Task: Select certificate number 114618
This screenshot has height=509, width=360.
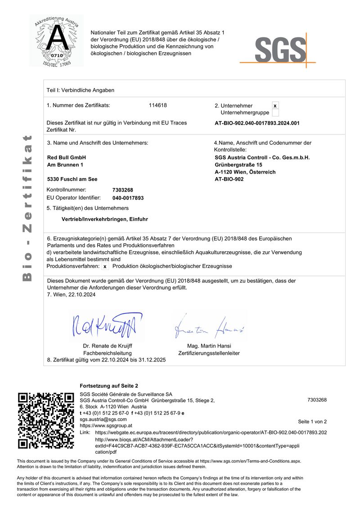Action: (x=157, y=106)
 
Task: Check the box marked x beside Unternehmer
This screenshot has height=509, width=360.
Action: (x=275, y=106)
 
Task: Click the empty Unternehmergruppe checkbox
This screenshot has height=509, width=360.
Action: (x=275, y=113)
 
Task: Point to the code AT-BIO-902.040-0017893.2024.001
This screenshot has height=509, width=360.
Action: (x=257, y=123)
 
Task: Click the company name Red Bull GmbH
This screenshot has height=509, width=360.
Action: (x=66, y=157)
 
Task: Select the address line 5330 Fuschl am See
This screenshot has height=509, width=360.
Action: (x=72, y=179)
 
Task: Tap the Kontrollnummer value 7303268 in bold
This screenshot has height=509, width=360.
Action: (x=122, y=190)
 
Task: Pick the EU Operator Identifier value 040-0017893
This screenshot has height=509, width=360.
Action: (x=128, y=198)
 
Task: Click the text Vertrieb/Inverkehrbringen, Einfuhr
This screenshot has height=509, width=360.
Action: (x=104, y=219)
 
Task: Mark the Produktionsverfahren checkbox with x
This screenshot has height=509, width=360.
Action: (x=105, y=267)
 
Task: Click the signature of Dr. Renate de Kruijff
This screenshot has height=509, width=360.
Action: (x=104, y=326)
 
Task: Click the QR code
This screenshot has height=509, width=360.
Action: (x=46, y=420)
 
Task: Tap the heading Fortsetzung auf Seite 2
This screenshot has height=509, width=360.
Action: (x=109, y=386)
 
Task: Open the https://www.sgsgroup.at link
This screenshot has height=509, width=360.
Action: (x=106, y=425)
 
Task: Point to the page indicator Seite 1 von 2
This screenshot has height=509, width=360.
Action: (x=312, y=422)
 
